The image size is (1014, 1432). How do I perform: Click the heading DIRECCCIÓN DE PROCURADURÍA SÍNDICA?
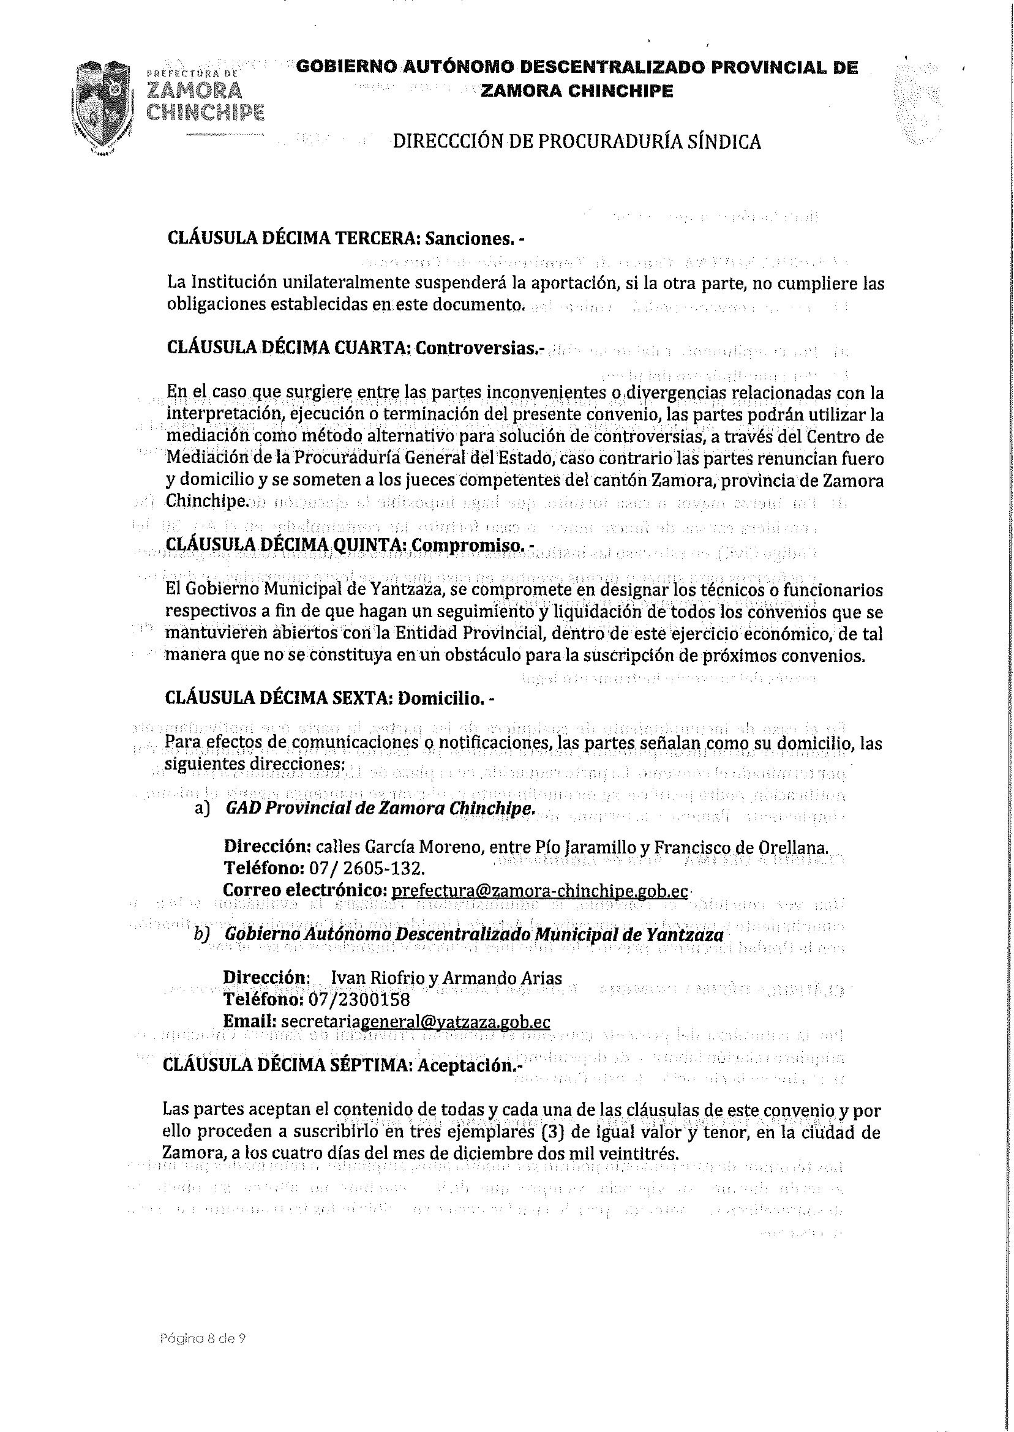pyautogui.click(x=576, y=141)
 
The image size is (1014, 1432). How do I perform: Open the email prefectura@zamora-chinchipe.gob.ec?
pyautogui.click(x=539, y=891)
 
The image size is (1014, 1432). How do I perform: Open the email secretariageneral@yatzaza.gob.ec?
pyautogui.click(x=415, y=1022)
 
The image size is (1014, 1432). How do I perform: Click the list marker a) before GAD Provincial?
pyautogui.click(x=201, y=808)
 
